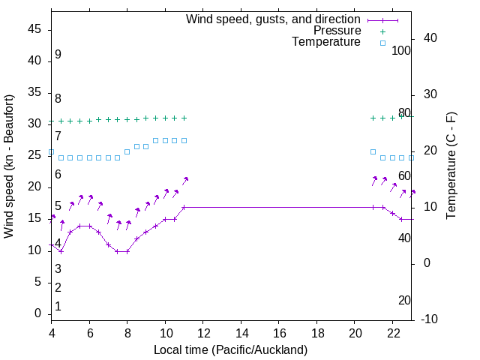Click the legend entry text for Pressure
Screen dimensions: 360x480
(x=337, y=31)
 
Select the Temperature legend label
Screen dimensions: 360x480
(x=326, y=43)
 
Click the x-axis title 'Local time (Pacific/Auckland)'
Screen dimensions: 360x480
(x=230, y=349)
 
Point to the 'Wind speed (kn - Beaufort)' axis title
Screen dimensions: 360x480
(x=10, y=166)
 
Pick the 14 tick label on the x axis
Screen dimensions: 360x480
(x=241, y=334)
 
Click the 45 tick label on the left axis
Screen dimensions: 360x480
(x=34, y=29)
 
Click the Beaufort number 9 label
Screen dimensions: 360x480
(x=58, y=55)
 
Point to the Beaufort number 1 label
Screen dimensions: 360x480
(x=58, y=306)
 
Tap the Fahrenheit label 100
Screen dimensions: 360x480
(x=402, y=50)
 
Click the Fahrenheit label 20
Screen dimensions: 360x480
(x=404, y=300)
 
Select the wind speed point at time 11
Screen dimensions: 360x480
(x=184, y=207)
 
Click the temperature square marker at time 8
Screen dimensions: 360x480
(x=127, y=151)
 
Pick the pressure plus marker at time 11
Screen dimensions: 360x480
(x=184, y=118)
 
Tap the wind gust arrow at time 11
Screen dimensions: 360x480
(x=185, y=179)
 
